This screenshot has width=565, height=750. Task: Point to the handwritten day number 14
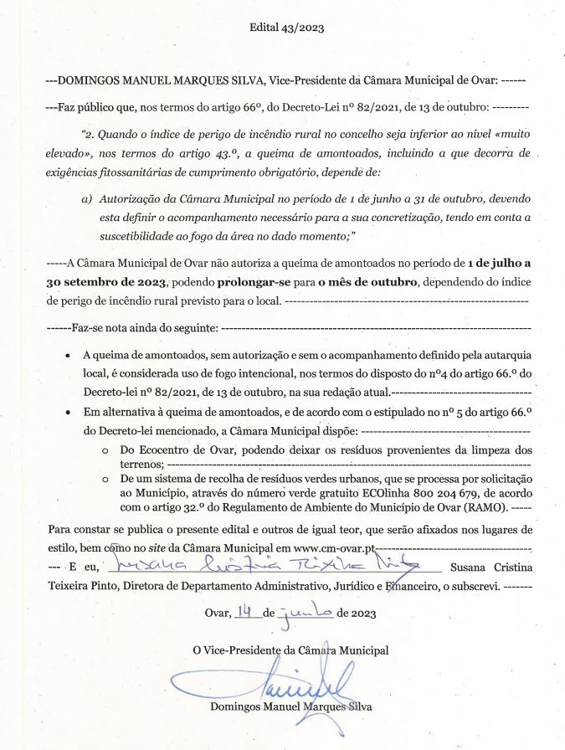(244, 613)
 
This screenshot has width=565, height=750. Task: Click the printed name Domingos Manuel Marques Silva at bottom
(292, 706)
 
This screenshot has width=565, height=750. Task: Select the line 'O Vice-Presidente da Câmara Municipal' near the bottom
(290, 650)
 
